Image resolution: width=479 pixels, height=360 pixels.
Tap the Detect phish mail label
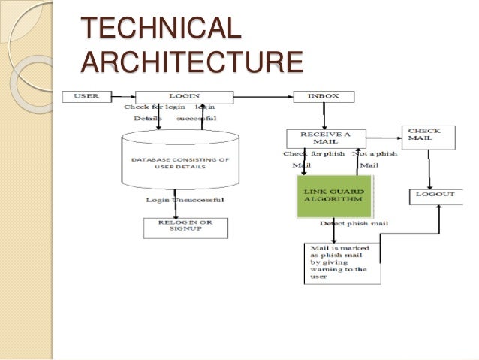(x=352, y=224)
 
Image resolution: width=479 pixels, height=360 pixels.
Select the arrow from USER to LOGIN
(x=123, y=96)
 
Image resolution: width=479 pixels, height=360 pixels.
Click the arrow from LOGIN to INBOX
(x=255, y=96)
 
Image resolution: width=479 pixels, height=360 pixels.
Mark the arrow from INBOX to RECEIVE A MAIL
(x=324, y=116)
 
